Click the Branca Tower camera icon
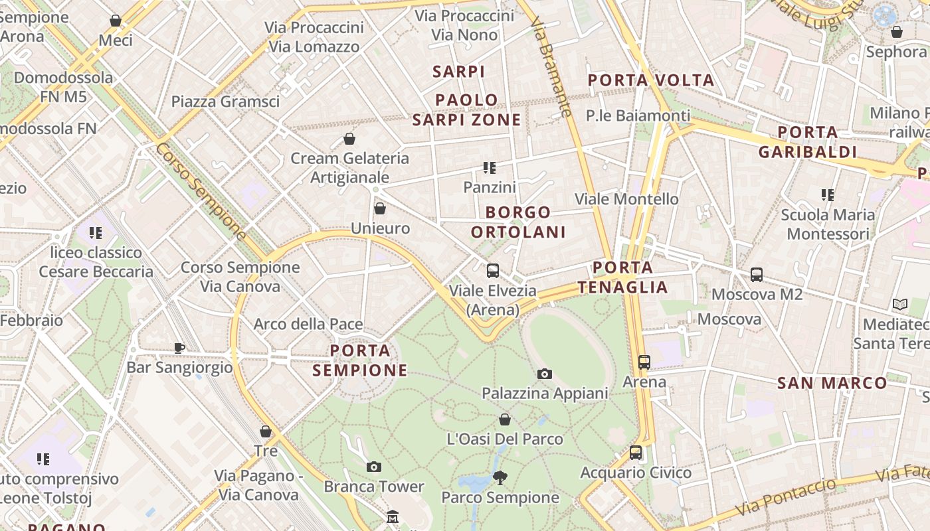point(374,467)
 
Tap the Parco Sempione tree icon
point(500,477)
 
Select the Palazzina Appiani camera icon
point(545,374)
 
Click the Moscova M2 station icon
point(756,274)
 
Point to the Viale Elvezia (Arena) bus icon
point(493,271)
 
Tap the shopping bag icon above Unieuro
point(380,209)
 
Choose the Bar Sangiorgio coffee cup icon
point(179,348)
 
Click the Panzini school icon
point(490,168)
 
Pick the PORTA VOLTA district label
point(651,81)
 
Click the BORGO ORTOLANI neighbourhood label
point(518,222)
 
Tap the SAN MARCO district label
point(832,383)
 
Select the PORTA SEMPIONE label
point(360,360)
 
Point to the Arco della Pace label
point(308,324)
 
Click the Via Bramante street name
point(552,66)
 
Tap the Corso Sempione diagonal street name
point(201,191)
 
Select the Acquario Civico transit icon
point(636,453)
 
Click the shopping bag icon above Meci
point(116,21)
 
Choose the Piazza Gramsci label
point(225,102)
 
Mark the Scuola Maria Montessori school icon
point(827,195)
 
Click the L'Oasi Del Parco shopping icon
point(505,419)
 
